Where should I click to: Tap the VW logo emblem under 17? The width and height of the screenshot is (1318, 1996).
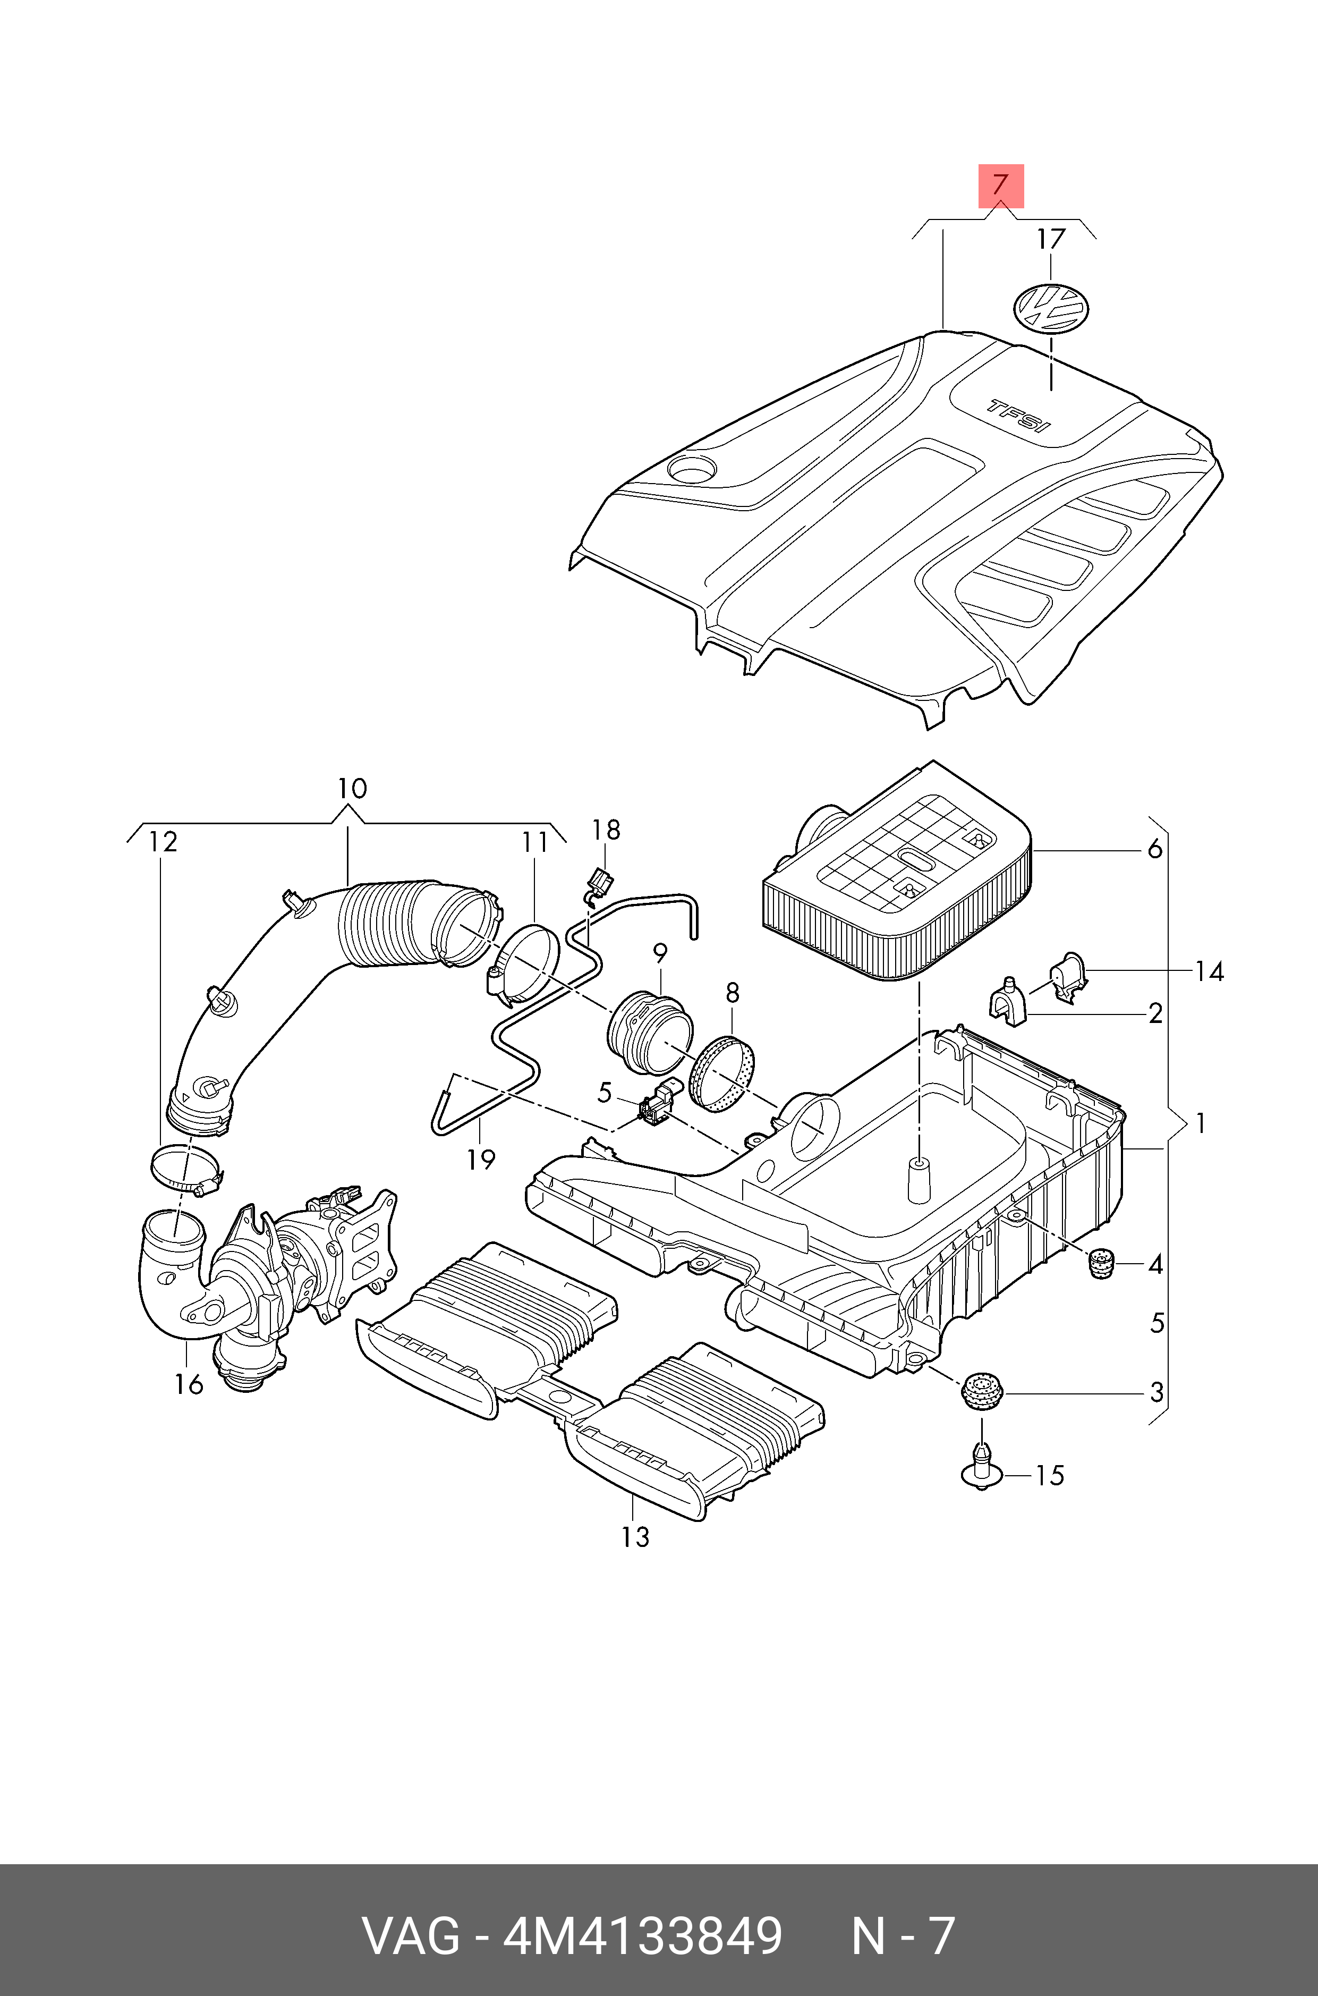1051,307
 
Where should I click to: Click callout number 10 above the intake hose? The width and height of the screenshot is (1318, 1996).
352,789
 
